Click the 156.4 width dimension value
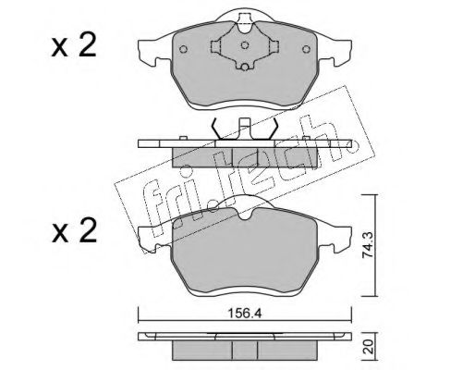click(x=244, y=314)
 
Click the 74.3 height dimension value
click(x=368, y=245)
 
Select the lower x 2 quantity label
click(x=74, y=231)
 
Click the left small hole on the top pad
click(x=183, y=49)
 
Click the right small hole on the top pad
click(x=306, y=49)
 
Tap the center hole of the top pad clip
click(x=245, y=45)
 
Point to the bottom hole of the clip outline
click(x=245, y=67)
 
